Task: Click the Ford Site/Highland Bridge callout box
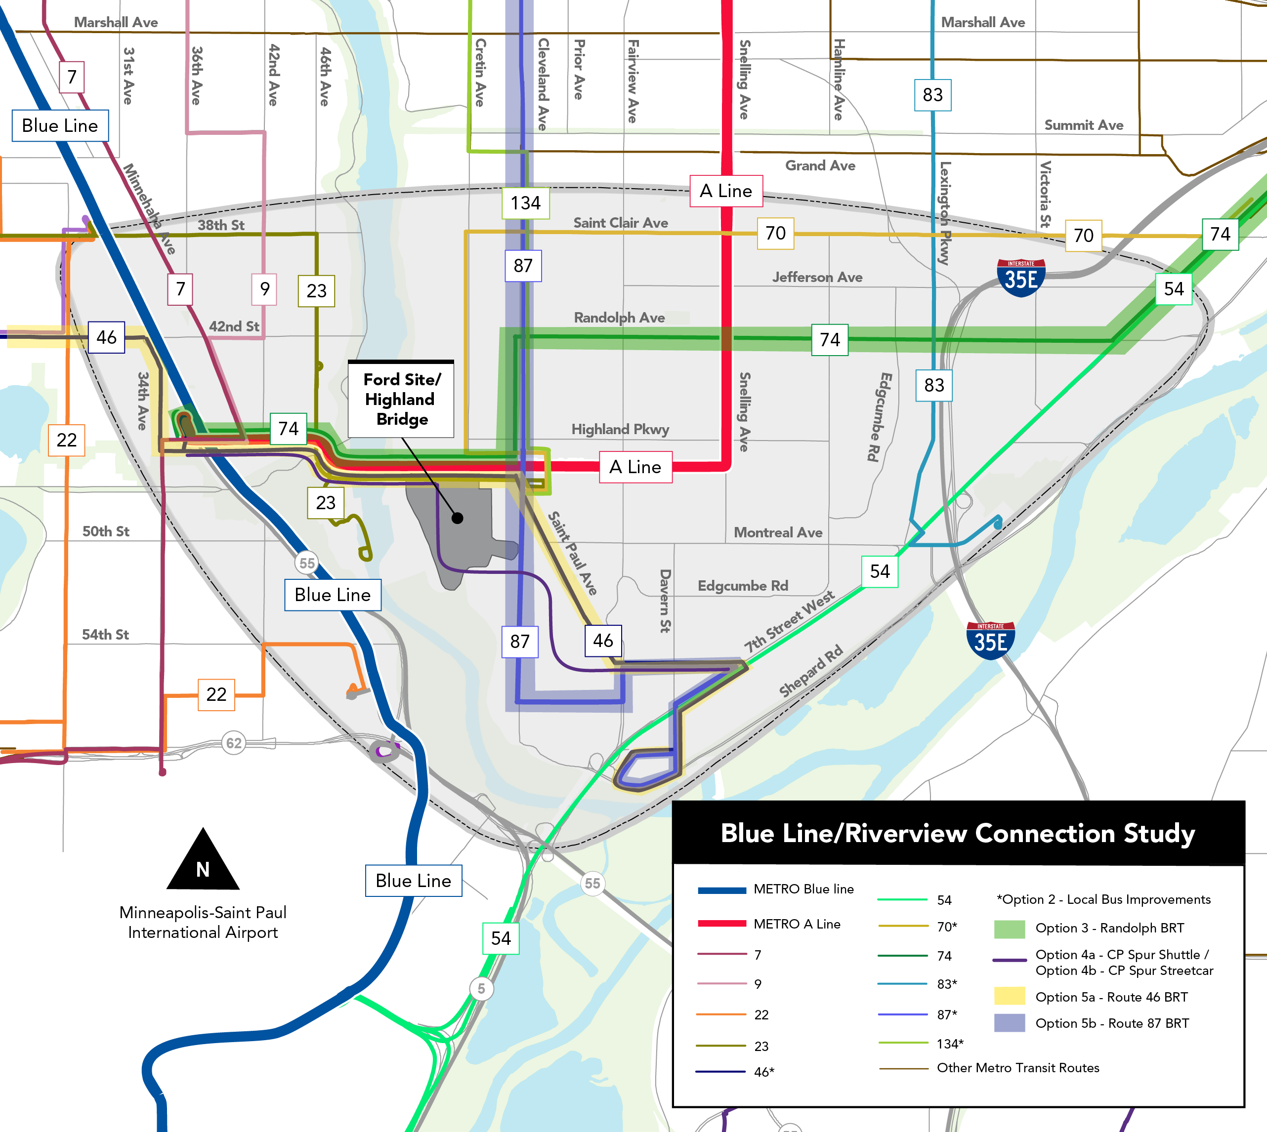[x=401, y=399]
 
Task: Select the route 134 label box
[x=526, y=203]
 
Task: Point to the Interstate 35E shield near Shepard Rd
[x=990, y=640]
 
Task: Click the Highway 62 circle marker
[x=233, y=743]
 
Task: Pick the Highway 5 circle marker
[x=481, y=988]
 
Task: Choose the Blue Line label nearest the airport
[x=413, y=880]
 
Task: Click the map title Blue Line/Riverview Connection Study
[x=958, y=833]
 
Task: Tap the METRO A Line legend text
[x=797, y=924]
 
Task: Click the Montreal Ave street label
[x=778, y=532]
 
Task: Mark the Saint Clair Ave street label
[x=621, y=223]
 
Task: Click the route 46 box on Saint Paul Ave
[x=602, y=641]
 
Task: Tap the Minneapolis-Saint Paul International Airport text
[x=203, y=923]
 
